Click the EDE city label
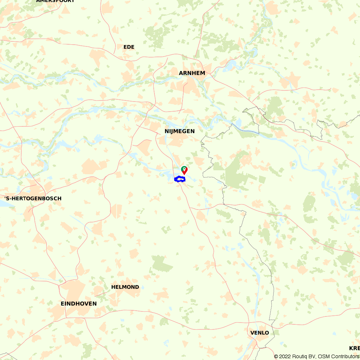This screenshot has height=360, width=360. [129, 47]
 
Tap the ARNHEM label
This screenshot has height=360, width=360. [192, 73]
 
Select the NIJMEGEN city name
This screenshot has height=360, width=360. [180, 131]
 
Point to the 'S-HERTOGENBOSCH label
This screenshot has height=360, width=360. [33, 198]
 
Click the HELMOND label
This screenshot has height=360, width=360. [125, 287]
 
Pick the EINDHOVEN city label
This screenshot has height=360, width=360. [78, 304]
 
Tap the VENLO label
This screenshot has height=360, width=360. [260, 333]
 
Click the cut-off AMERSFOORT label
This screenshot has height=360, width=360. [55, 1]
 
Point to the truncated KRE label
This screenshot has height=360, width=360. [354, 348]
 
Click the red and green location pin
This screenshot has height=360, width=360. [184, 170]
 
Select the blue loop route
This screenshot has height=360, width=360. [180, 179]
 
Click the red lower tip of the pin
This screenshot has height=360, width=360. [184, 174]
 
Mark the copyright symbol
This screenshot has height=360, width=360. [276, 356]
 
